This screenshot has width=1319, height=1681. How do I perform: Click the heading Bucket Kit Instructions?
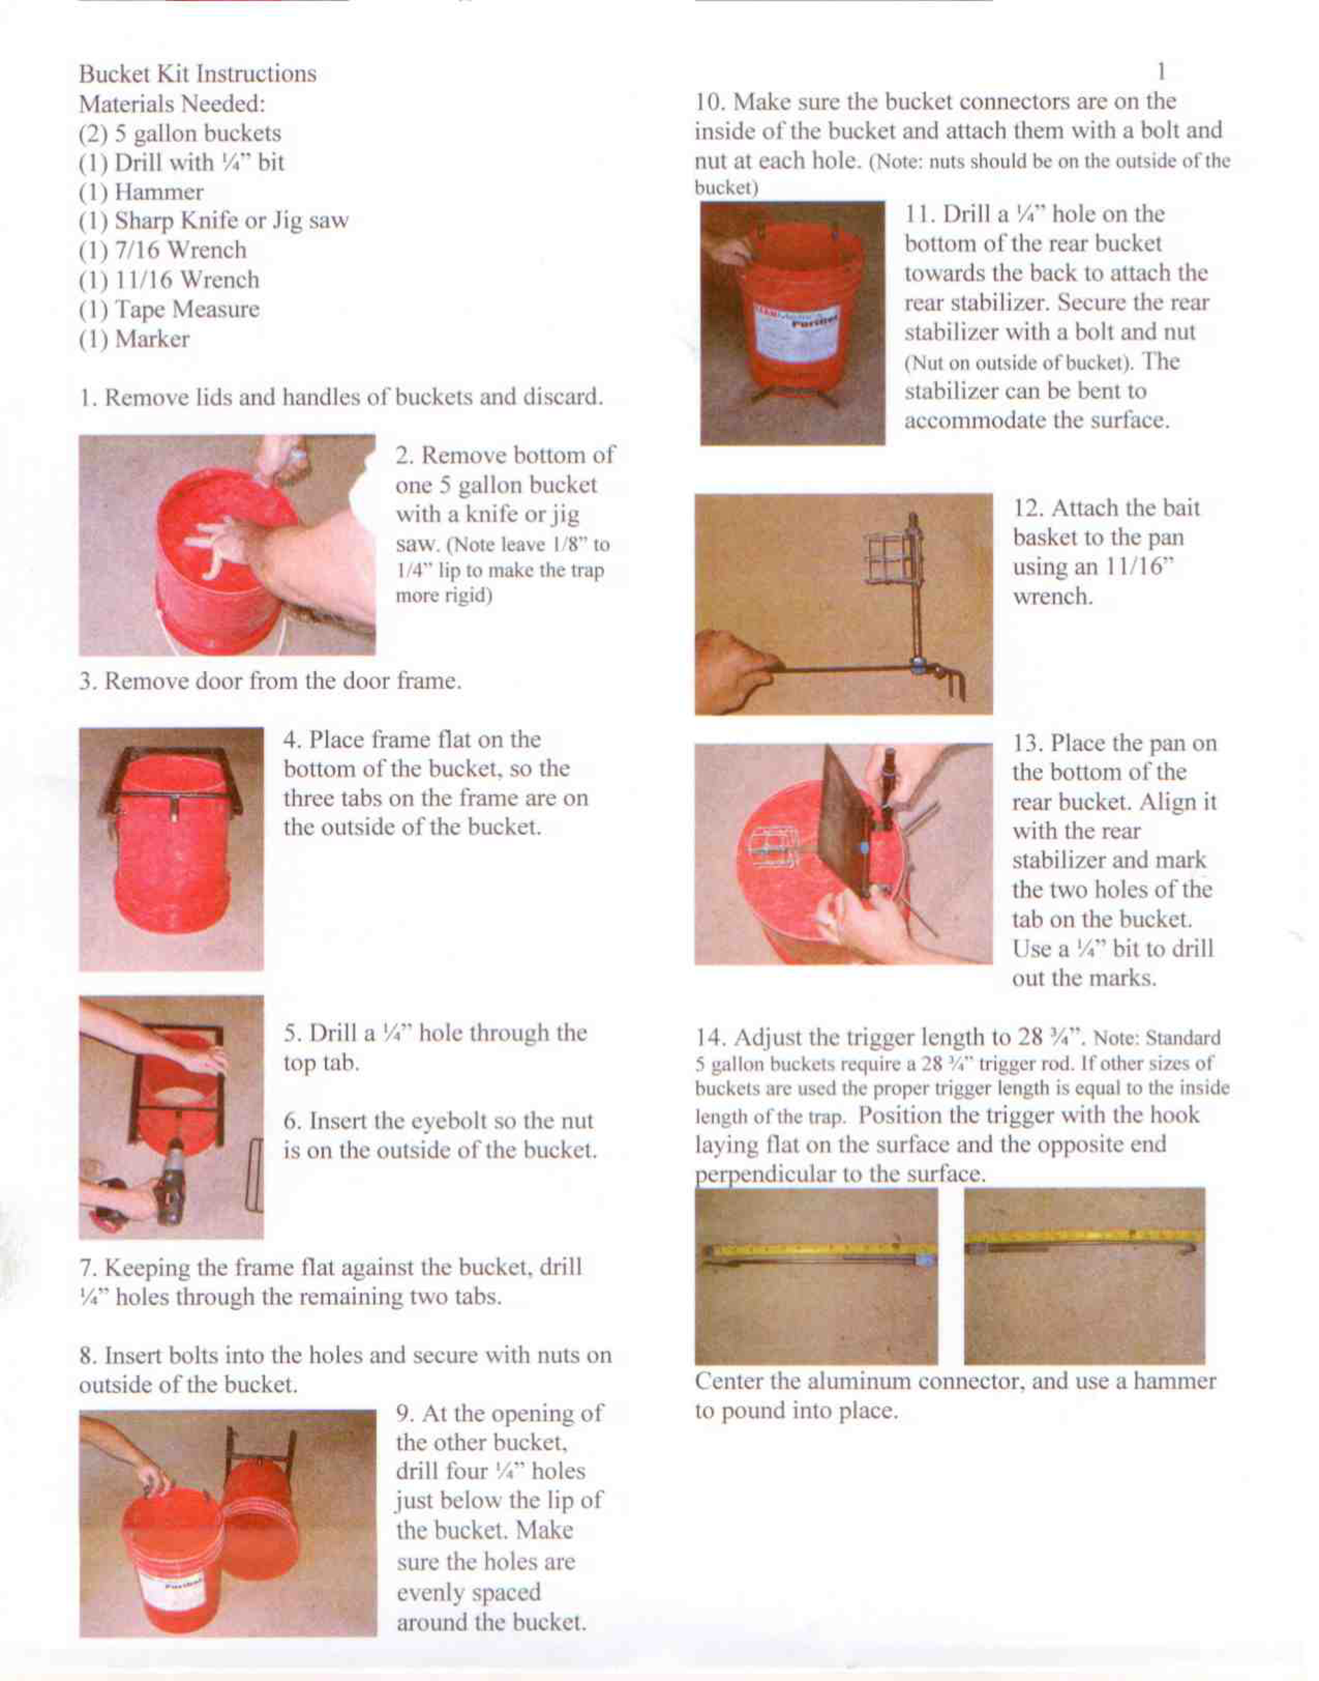click(197, 74)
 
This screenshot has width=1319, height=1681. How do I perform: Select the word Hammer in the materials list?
click(159, 191)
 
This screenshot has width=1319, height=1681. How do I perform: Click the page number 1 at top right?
click(1161, 72)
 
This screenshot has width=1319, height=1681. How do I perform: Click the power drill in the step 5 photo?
click(170, 1182)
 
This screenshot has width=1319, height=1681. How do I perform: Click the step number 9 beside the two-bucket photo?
click(403, 1413)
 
